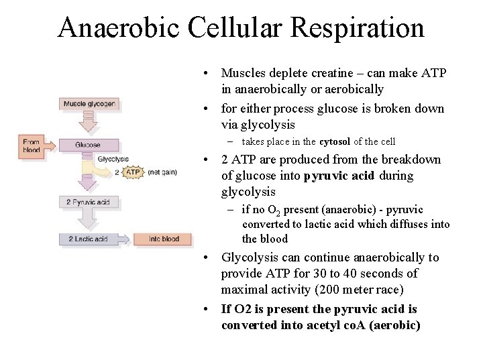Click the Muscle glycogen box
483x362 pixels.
coord(89,104)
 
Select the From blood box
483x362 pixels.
coord(32,145)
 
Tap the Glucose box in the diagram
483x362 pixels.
coord(88,145)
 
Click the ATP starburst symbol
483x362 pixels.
coord(133,172)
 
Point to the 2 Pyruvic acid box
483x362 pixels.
coord(88,202)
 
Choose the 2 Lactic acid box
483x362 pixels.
coord(87,239)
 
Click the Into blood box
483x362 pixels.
coord(163,239)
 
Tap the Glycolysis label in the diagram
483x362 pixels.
coord(113,159)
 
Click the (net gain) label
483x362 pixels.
coord(163,172)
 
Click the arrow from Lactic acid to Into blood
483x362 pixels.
coord(123,239)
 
